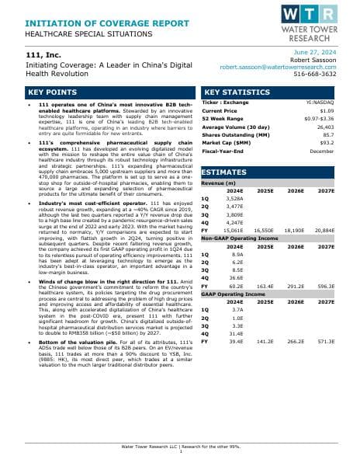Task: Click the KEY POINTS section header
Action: (x=40, y=92)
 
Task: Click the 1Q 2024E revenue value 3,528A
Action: (x=234, y=199)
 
